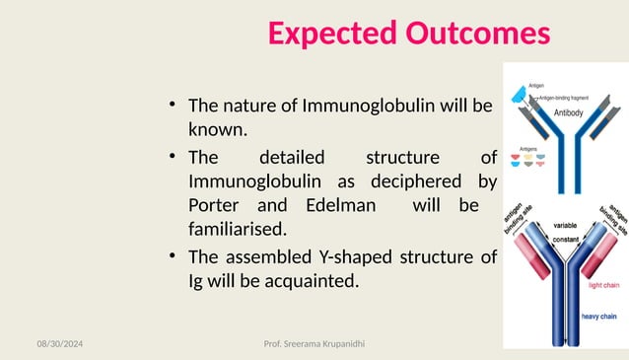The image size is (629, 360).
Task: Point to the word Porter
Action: coord(215,206)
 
